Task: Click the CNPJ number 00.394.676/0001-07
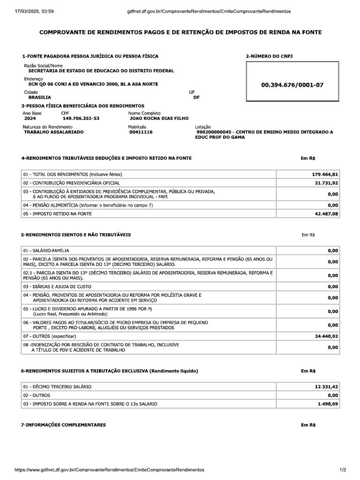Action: tap(292, 85)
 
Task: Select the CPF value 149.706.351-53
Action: tap(81, 119)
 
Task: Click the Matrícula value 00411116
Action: tap(141, 132)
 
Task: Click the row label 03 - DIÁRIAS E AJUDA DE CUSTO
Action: tap(57, 286)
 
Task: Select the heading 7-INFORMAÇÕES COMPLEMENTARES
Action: tap(63, 425)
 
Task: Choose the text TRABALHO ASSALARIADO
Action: tap(53, 132)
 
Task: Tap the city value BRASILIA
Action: tap(40, 97)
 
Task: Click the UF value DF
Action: tap(196, 97)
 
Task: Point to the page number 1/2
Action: tap(343, 469)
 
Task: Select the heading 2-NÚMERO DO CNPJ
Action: tap(270, 56)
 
